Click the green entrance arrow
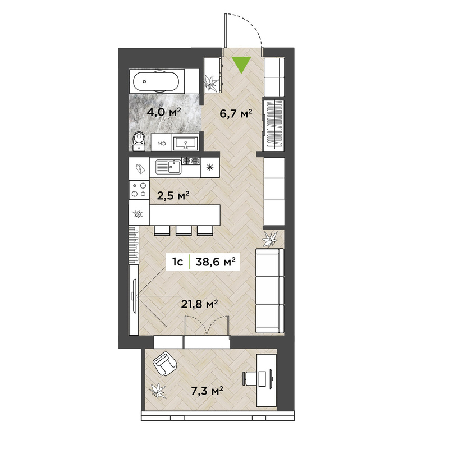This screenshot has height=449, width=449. tap(241, 63)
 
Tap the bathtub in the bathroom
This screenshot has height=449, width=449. tap(157, 81)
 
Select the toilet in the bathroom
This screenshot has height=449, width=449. tap(139, 141)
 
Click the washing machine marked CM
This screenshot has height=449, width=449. tap(162, 143)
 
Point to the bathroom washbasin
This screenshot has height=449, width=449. tap(186, 143)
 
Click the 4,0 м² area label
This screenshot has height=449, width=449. tap(163, 112)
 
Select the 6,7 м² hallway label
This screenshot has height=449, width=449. tap(236, 114)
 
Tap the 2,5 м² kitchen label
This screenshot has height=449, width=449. tap(173, 196)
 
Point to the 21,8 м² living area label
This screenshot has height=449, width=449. tap(200, 304)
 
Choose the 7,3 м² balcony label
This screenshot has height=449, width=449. tap(207, 391)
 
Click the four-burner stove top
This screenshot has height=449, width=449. tap(139, 190)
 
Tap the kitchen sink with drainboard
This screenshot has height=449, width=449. tap(168, 167)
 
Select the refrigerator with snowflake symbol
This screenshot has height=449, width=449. tap(210, 167)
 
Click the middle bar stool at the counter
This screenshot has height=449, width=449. tap(184, 230)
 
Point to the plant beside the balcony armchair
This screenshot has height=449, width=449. tap(158, 391)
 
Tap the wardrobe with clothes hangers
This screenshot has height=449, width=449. tap(273, 124)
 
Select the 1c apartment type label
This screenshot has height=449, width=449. tap(177, 262)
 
